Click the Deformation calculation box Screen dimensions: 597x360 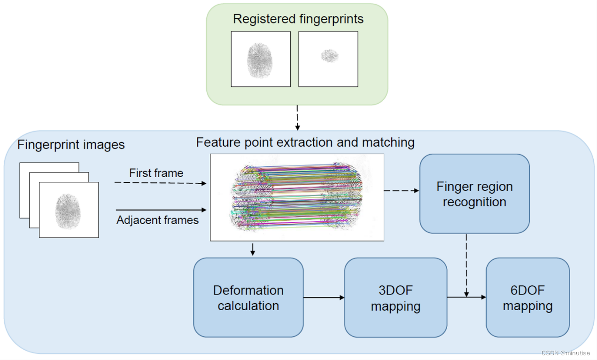coord(248,297)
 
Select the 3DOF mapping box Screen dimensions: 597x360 coord(396,297)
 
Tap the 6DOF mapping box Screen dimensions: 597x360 coord(527,297)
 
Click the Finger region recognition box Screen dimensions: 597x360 coord(475,194)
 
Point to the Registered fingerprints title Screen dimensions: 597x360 coord(298,19)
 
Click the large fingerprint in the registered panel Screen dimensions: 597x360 coord(260,60)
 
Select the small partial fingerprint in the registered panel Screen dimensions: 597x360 coord(330,56)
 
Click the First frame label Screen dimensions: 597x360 coord(156,173)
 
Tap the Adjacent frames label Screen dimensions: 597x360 coord(157,220)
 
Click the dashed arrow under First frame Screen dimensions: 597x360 coord(161,183)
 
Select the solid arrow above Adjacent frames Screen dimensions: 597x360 coord(161,210)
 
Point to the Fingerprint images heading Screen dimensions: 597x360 coord(71,145)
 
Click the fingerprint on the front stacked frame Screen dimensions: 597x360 coord(68,211)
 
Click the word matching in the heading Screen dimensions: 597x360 coord(388,143)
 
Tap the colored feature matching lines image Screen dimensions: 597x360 coord(297,197)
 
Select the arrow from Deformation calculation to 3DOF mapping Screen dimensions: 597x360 coord(324,297)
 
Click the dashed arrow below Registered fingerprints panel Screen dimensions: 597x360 coord(297,118)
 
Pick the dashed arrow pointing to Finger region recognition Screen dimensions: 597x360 coord(402,191)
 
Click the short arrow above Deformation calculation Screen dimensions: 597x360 coord(253,250)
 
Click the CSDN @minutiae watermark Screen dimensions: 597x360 coord(566,353)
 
